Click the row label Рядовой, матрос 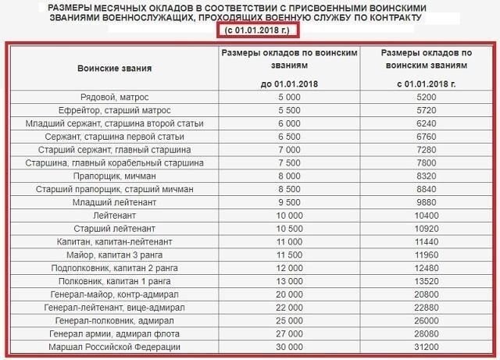pyautogui.click(x=114, y=98)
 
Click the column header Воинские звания pyautogui.click(x=114, y=68)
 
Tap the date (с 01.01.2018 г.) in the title pyautogui.click(x=257, y=30)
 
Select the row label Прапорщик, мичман pyautogui.click(x=114, y=176)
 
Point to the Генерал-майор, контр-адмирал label pyautogui.click(x=114, y=294)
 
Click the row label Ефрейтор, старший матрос pyautogui.click(x=114, y=111)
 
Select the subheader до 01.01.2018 pyautogui.click(x=288, y=83)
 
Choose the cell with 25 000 pyautogui.click(x=288, y=320)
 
